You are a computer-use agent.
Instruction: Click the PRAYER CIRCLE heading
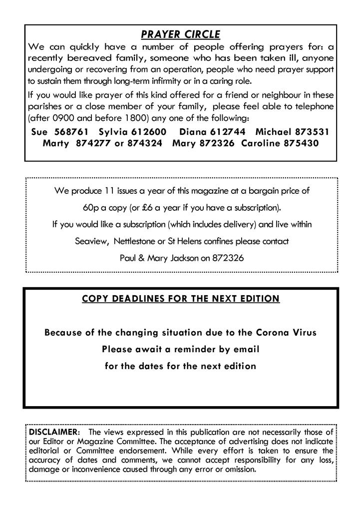(180, 34)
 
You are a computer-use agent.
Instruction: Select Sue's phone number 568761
(71, 132)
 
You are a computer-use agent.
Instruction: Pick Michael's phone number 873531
(312, 132)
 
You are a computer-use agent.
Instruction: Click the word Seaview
(91, 241)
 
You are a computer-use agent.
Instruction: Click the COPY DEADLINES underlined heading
(180, 299)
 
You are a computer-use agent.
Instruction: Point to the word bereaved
(86, 58)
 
